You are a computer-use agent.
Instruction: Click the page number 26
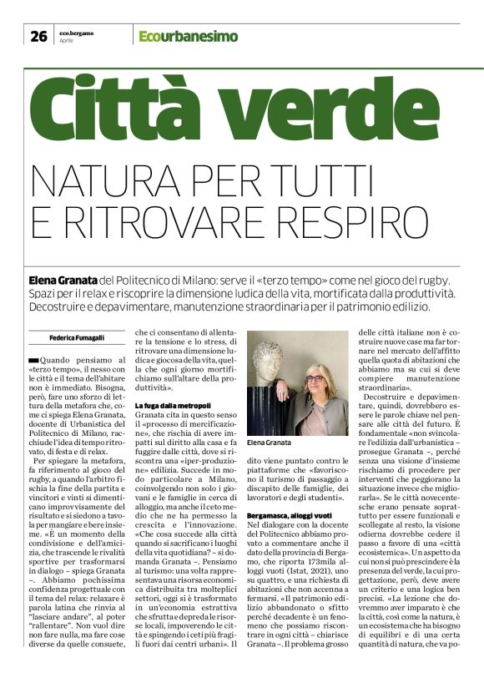click(x=38, y=36)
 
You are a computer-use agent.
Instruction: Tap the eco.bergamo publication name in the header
click(x=76, y=32)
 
